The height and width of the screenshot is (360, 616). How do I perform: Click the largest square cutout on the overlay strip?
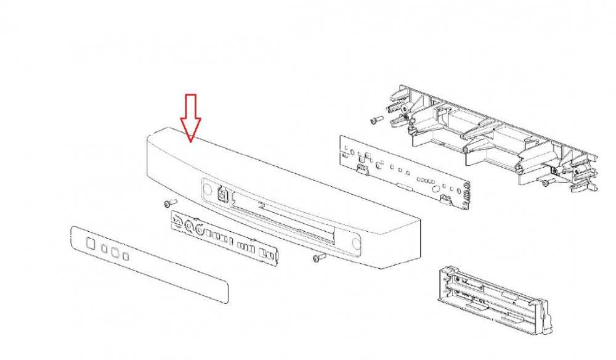pos(90,243)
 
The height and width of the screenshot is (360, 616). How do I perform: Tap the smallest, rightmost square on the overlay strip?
pos(125,256)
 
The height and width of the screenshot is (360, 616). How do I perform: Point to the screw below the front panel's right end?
pos(318,258)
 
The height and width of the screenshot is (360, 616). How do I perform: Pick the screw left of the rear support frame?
pos(376,120)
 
